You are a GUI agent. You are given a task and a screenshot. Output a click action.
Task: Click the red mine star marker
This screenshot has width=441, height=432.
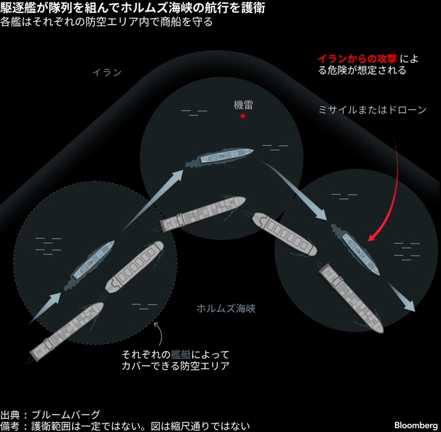click(243, 116)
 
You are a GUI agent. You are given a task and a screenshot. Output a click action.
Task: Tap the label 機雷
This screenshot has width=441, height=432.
click(243, 104)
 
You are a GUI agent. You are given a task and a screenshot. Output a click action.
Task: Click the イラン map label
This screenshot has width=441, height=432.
click(106, 73)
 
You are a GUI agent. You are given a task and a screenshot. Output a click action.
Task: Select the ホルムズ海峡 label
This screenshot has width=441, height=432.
click(226, 308)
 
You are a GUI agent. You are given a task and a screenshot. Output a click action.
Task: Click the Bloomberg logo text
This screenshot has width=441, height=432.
click(415, 425)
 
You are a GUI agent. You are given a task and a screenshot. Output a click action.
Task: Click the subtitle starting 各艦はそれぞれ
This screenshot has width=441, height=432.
click(106, 22)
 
